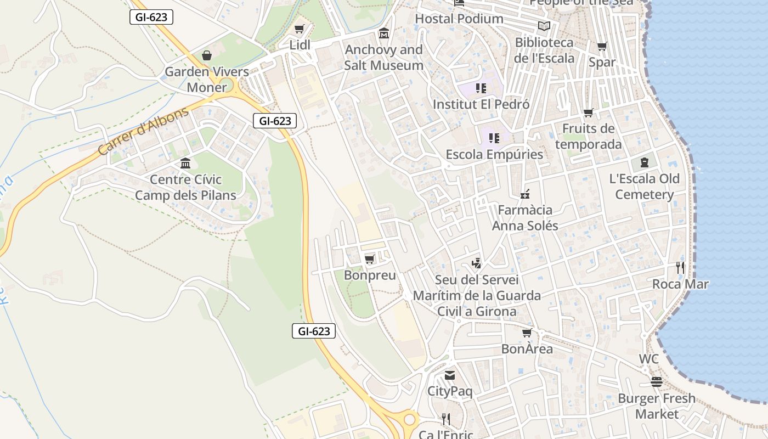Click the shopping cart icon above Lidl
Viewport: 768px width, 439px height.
pyautogui.click(x=299, y=29)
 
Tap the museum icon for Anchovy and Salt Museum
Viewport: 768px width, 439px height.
pyautogui.click(x=384, y=33)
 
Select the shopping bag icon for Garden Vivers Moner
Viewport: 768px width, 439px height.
pyautogui.click(x=207, y=55)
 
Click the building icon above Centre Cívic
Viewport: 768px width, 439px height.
pyautogui.click(x=185, y=164)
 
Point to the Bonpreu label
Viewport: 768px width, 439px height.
pyautogui.click(x=370, y=275)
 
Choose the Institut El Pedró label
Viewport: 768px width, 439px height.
pyautogui.click(x=481, y=104)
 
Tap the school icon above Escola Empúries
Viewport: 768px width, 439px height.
pyautogui.click(x=494, y=138)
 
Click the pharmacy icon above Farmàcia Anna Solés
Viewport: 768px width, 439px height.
pyautogui.click(x=525, y=194)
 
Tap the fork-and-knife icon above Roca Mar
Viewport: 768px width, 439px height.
pyautogui.click(x=680, y=268)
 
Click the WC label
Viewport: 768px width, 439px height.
pyautogui.click(x=648, y=359)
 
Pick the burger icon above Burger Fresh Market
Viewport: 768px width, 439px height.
pyautogui.click(x=657, y=382)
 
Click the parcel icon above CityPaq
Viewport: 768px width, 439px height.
pyautogui.click(x=450, y=375)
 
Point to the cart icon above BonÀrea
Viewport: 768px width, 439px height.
pyautogui.click(x=527, y=333)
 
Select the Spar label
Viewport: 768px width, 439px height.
pyautogui.click(x=602, y=63)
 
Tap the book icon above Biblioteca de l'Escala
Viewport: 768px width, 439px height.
pyautogui.click(x=544, y=26)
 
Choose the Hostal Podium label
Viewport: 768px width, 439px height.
pyautogui.click(x=459, y=19)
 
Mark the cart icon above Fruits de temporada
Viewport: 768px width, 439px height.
pyautogui.click(x=589, y=113)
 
